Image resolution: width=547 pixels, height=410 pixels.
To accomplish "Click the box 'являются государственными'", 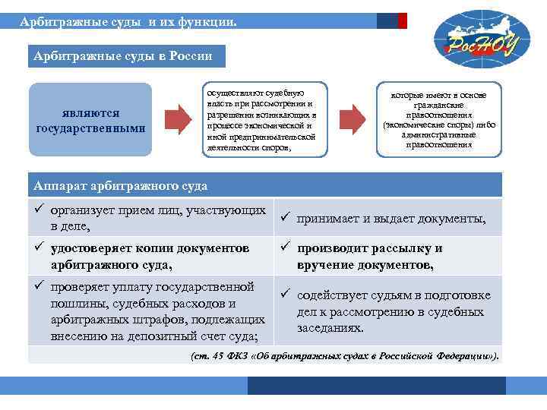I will [90, 121].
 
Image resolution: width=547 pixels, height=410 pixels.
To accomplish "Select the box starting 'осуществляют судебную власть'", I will [261, 118].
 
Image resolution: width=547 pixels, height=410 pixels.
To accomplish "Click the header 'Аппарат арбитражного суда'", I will [121, 185].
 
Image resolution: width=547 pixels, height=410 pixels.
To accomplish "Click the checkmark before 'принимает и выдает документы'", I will [285, 218].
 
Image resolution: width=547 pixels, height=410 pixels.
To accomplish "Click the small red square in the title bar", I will [402, 20].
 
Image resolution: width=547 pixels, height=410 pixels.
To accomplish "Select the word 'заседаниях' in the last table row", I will [330, 329].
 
